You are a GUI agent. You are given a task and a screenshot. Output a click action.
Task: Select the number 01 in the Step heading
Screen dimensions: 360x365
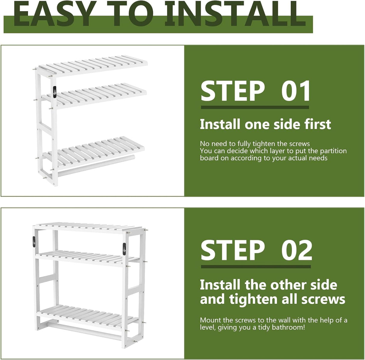click(x=296, y=91)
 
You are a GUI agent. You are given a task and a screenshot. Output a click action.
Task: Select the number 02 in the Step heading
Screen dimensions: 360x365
click(x=297, y=251)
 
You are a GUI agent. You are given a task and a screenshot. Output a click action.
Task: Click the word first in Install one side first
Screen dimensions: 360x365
click(x=318, y=125)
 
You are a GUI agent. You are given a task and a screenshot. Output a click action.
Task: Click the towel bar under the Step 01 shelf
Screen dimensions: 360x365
click(x=96, y=165)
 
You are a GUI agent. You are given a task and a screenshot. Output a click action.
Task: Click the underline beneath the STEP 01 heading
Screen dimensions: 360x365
click(x=255, y=107)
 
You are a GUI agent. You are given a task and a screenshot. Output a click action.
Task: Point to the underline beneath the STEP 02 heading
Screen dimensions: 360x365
click(x=256, y=266)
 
